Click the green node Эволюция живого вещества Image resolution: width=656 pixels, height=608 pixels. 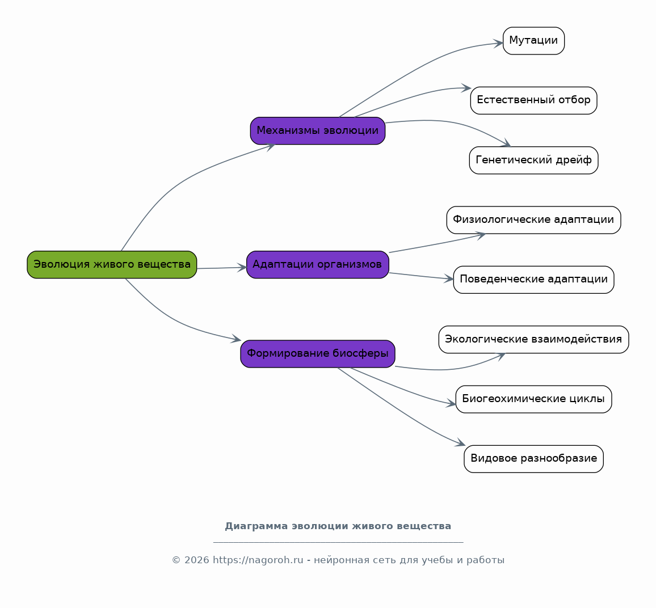112,265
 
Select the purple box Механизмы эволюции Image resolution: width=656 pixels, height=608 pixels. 318,131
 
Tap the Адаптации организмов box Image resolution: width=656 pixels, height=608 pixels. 318,265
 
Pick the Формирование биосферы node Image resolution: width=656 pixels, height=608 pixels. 318,354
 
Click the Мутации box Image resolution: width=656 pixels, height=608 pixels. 533,41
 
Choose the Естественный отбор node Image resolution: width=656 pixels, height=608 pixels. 533,100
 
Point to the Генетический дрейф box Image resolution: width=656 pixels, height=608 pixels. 533,160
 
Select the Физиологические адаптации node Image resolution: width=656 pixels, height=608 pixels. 533,220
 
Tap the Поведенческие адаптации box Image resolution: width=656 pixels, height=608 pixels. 533,280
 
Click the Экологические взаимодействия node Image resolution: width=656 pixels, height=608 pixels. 533,340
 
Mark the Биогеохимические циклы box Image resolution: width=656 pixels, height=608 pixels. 533,399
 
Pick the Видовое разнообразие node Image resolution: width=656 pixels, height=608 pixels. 533,459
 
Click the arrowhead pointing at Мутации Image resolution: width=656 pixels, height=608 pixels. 498,43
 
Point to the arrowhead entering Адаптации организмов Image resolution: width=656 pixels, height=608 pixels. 242,268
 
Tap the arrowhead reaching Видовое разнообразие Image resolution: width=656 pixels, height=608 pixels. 460,442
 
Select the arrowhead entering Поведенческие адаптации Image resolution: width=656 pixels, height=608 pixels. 449,278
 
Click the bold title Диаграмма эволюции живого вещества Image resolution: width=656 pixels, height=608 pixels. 338,526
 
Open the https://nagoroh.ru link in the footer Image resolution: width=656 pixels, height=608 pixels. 258,560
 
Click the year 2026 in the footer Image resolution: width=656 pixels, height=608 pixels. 197,560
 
